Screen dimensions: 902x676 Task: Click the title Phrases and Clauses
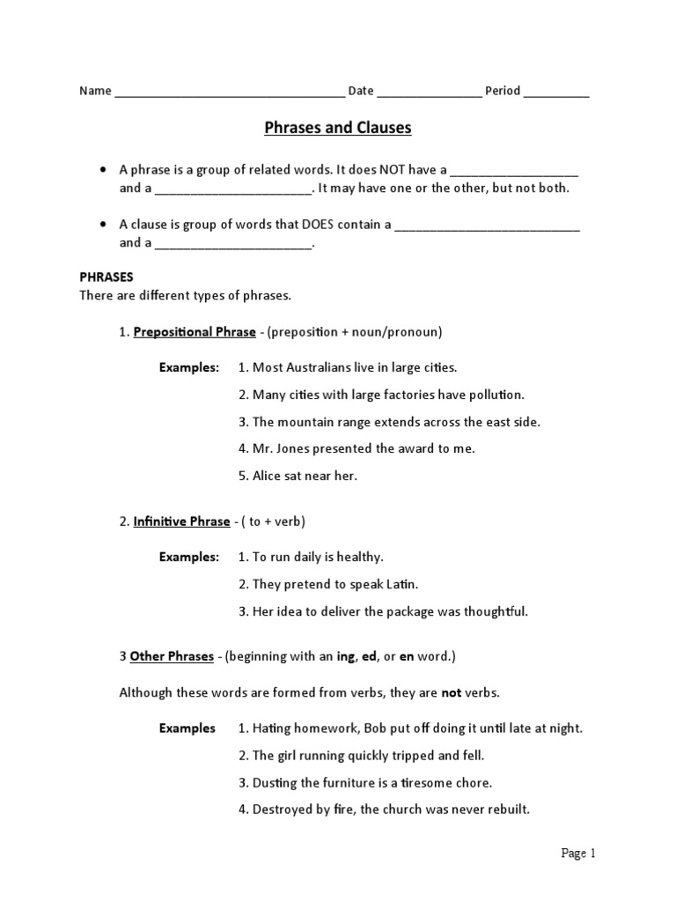point(338,129)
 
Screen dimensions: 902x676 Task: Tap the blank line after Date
point(430,92)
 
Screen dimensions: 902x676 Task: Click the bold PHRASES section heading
point(106,277)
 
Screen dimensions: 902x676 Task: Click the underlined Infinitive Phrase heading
point(181,521)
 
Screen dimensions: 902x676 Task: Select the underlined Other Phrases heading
point(172,656)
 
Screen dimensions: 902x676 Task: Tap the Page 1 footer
point(578,853)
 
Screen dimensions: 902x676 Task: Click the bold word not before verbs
point(452,693)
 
